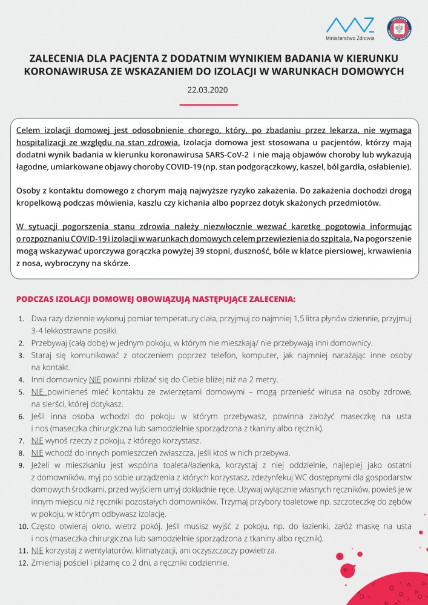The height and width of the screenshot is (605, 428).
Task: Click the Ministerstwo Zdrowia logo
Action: pos(350,28)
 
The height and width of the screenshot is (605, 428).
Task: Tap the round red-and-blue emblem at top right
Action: pos(399,28)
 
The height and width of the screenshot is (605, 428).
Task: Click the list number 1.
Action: pos(21,318)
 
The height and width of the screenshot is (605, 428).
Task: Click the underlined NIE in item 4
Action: pos(95,379)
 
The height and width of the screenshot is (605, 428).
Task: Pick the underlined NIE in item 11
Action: pos(38,551)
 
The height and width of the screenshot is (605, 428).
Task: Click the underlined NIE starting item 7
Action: pos(38,440)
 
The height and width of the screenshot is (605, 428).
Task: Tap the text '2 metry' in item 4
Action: pos(263,379)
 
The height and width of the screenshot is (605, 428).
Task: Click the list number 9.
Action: pos(21,465)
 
